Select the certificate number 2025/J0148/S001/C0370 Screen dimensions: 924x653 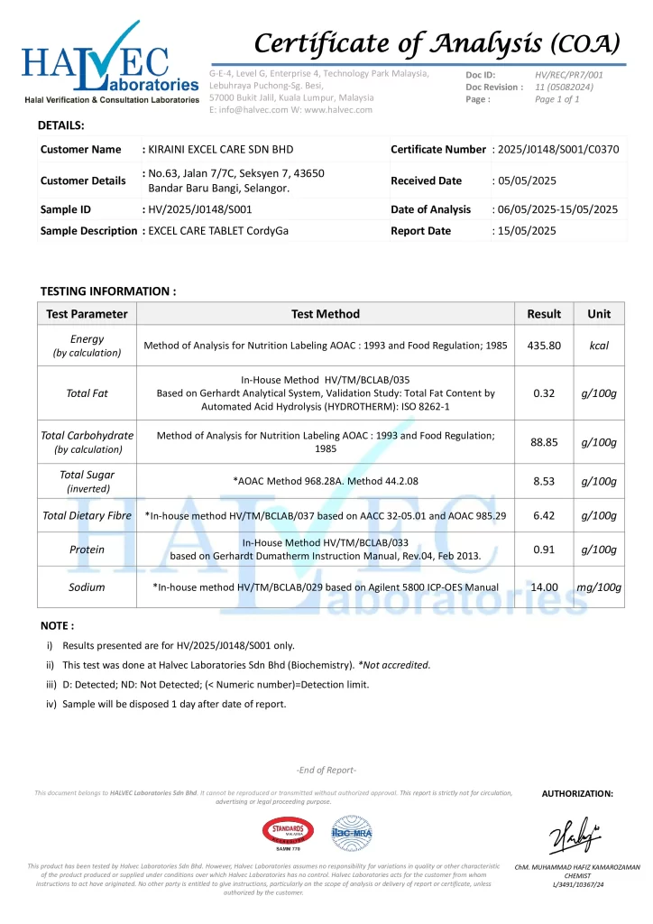pyautogui.click(x=557, y=149)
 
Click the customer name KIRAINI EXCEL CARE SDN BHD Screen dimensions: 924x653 pyautogui.click(x=221, y=149)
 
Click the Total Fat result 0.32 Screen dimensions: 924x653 pyautogui.click(x=544, y=393)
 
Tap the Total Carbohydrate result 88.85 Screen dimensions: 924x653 pyautogui.click(x=544, y=442)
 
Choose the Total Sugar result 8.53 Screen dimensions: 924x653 pyautogui.click(x=544, y=481)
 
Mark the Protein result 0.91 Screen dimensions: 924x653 pyautogui.click(x=544, y=549)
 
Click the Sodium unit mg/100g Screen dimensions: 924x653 pyautogui.click(x=599, y=587)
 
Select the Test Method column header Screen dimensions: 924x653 pyautogui.click(x=326, y=314)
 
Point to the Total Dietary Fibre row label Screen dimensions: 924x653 pyautogui.click(x=87, y=516)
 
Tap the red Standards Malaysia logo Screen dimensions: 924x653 pyautogui.click(x=288, y=834)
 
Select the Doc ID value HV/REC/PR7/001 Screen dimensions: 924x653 pyautogui.click(x=569, y=74)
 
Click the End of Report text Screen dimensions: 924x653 pyautogui.click(x=326, y=770)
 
